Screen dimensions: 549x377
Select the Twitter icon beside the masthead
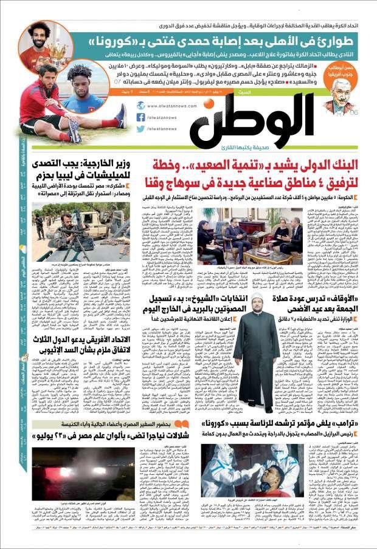pos(140,129)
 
